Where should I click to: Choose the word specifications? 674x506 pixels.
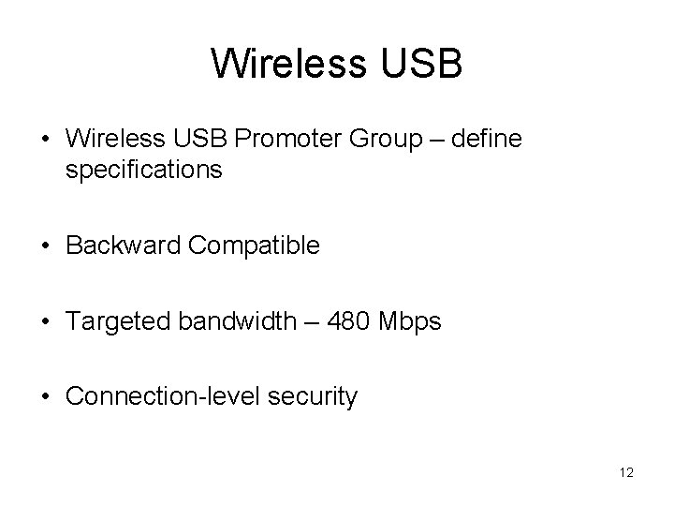(144, 171)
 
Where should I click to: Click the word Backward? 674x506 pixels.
(124, 246)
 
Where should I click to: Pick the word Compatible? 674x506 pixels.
(254, 246)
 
